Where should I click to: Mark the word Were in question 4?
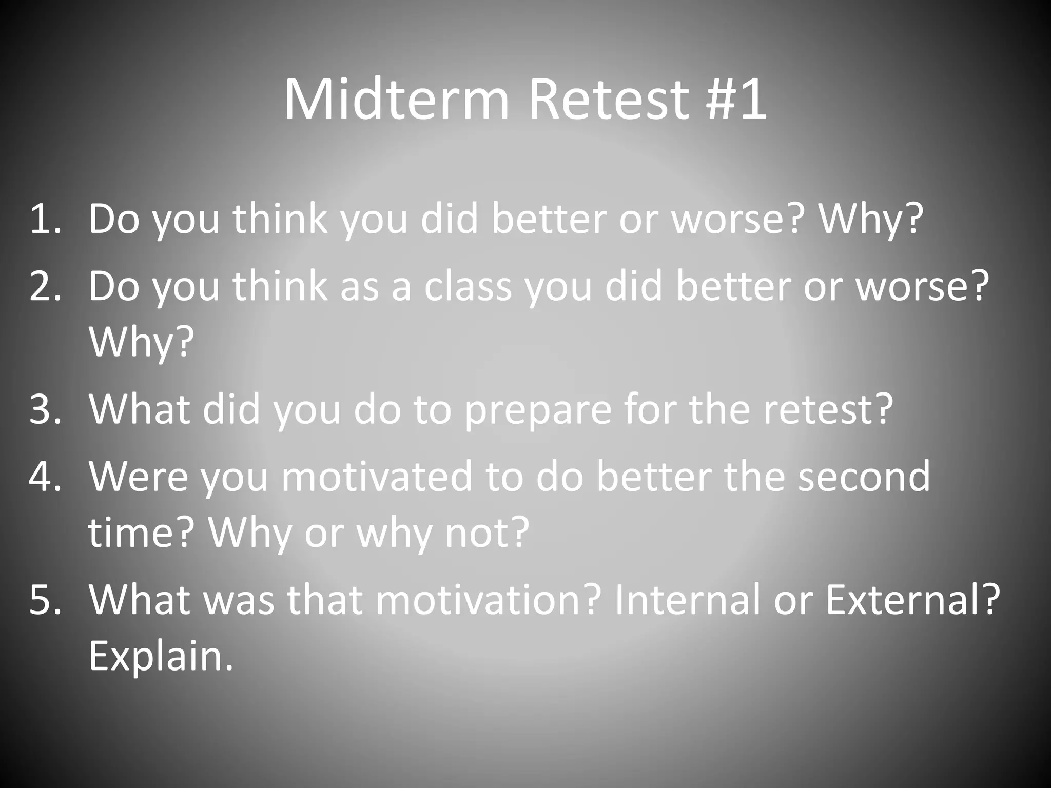pos(139,476)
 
